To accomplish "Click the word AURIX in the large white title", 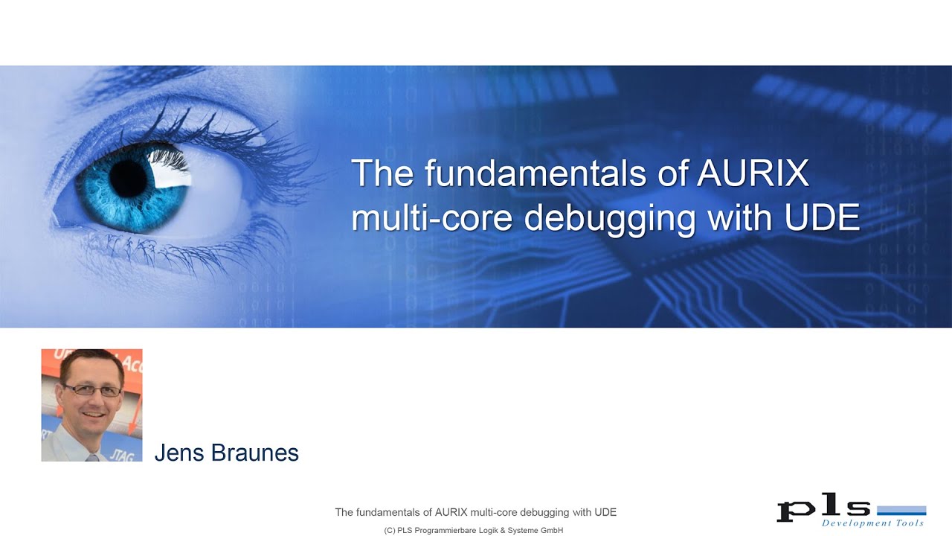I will point(753,173).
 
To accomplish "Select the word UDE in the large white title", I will point(822,217).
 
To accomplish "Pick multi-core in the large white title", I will point(433,217).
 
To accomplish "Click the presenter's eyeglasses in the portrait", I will point(92,390).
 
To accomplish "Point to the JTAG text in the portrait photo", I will point(121,453).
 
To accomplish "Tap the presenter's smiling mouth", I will point(93,414).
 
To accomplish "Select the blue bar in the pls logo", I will point(901,511).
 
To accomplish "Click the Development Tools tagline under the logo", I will point(872,523).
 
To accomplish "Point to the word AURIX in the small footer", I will point(451,512).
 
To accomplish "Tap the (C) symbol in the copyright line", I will point(390,531).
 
